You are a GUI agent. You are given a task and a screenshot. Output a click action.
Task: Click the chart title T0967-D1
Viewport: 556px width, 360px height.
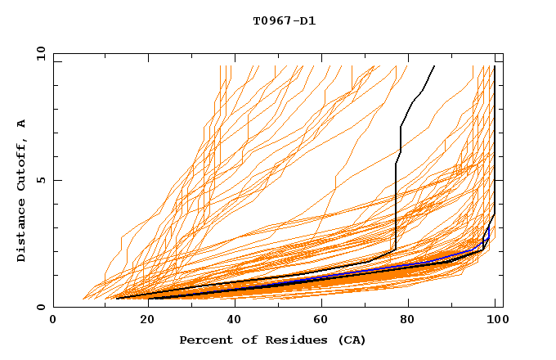point(284,20)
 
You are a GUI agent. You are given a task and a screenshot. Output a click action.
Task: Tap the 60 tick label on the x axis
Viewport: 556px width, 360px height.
point(320,320)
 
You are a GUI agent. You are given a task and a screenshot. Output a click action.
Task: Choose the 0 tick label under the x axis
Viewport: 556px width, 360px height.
point(54,320)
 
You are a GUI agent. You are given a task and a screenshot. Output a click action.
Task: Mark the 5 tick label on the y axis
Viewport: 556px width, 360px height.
point(40,180)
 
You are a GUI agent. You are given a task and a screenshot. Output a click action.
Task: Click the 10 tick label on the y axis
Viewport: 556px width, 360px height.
point(40,53)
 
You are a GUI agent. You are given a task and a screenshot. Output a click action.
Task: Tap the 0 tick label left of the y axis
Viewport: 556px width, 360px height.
point(40,307)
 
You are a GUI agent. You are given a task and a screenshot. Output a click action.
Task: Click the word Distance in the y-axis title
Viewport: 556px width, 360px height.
point(21,232)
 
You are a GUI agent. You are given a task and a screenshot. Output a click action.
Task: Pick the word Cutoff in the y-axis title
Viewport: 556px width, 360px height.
point(21,166)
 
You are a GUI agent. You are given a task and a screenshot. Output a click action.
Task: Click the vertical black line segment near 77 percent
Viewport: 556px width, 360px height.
point(396,205)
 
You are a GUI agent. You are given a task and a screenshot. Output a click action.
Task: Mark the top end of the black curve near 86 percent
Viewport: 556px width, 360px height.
point(434,66)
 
